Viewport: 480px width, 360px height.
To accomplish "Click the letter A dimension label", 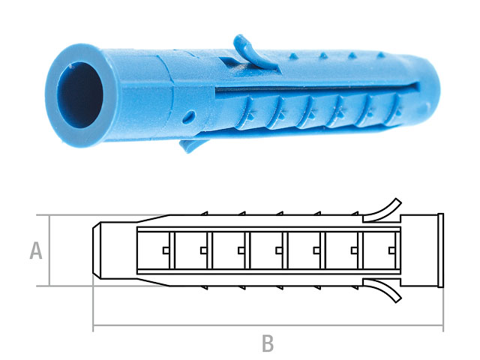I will tap(35, 250).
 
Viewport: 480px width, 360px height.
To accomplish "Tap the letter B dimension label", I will tap(268, 344).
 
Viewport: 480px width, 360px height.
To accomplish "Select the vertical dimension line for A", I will tap(49, 250).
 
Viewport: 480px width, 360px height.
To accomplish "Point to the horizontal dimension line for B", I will tap(268, 327).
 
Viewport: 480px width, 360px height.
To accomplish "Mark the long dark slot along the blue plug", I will tap(300, 88).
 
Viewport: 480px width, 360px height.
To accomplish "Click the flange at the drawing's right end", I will tap(440, 250).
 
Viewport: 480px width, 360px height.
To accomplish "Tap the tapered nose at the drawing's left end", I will tap(100, 250).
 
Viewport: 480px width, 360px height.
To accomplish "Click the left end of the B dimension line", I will tap(94, 327).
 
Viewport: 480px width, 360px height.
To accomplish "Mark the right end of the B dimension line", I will tap(442, 327).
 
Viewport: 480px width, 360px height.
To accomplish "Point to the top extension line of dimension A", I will tap(67, 215).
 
